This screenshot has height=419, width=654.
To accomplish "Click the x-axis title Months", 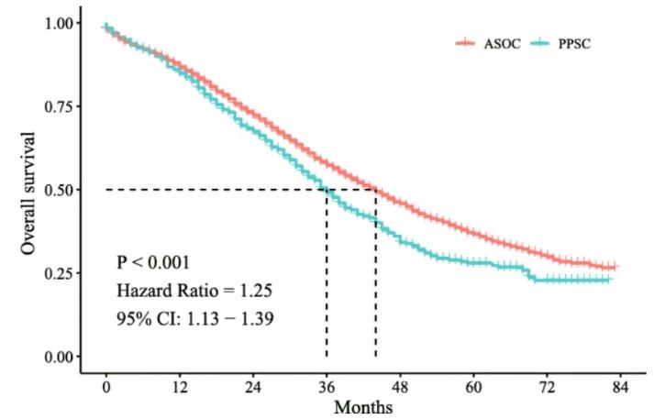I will click(x=363, y=406).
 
